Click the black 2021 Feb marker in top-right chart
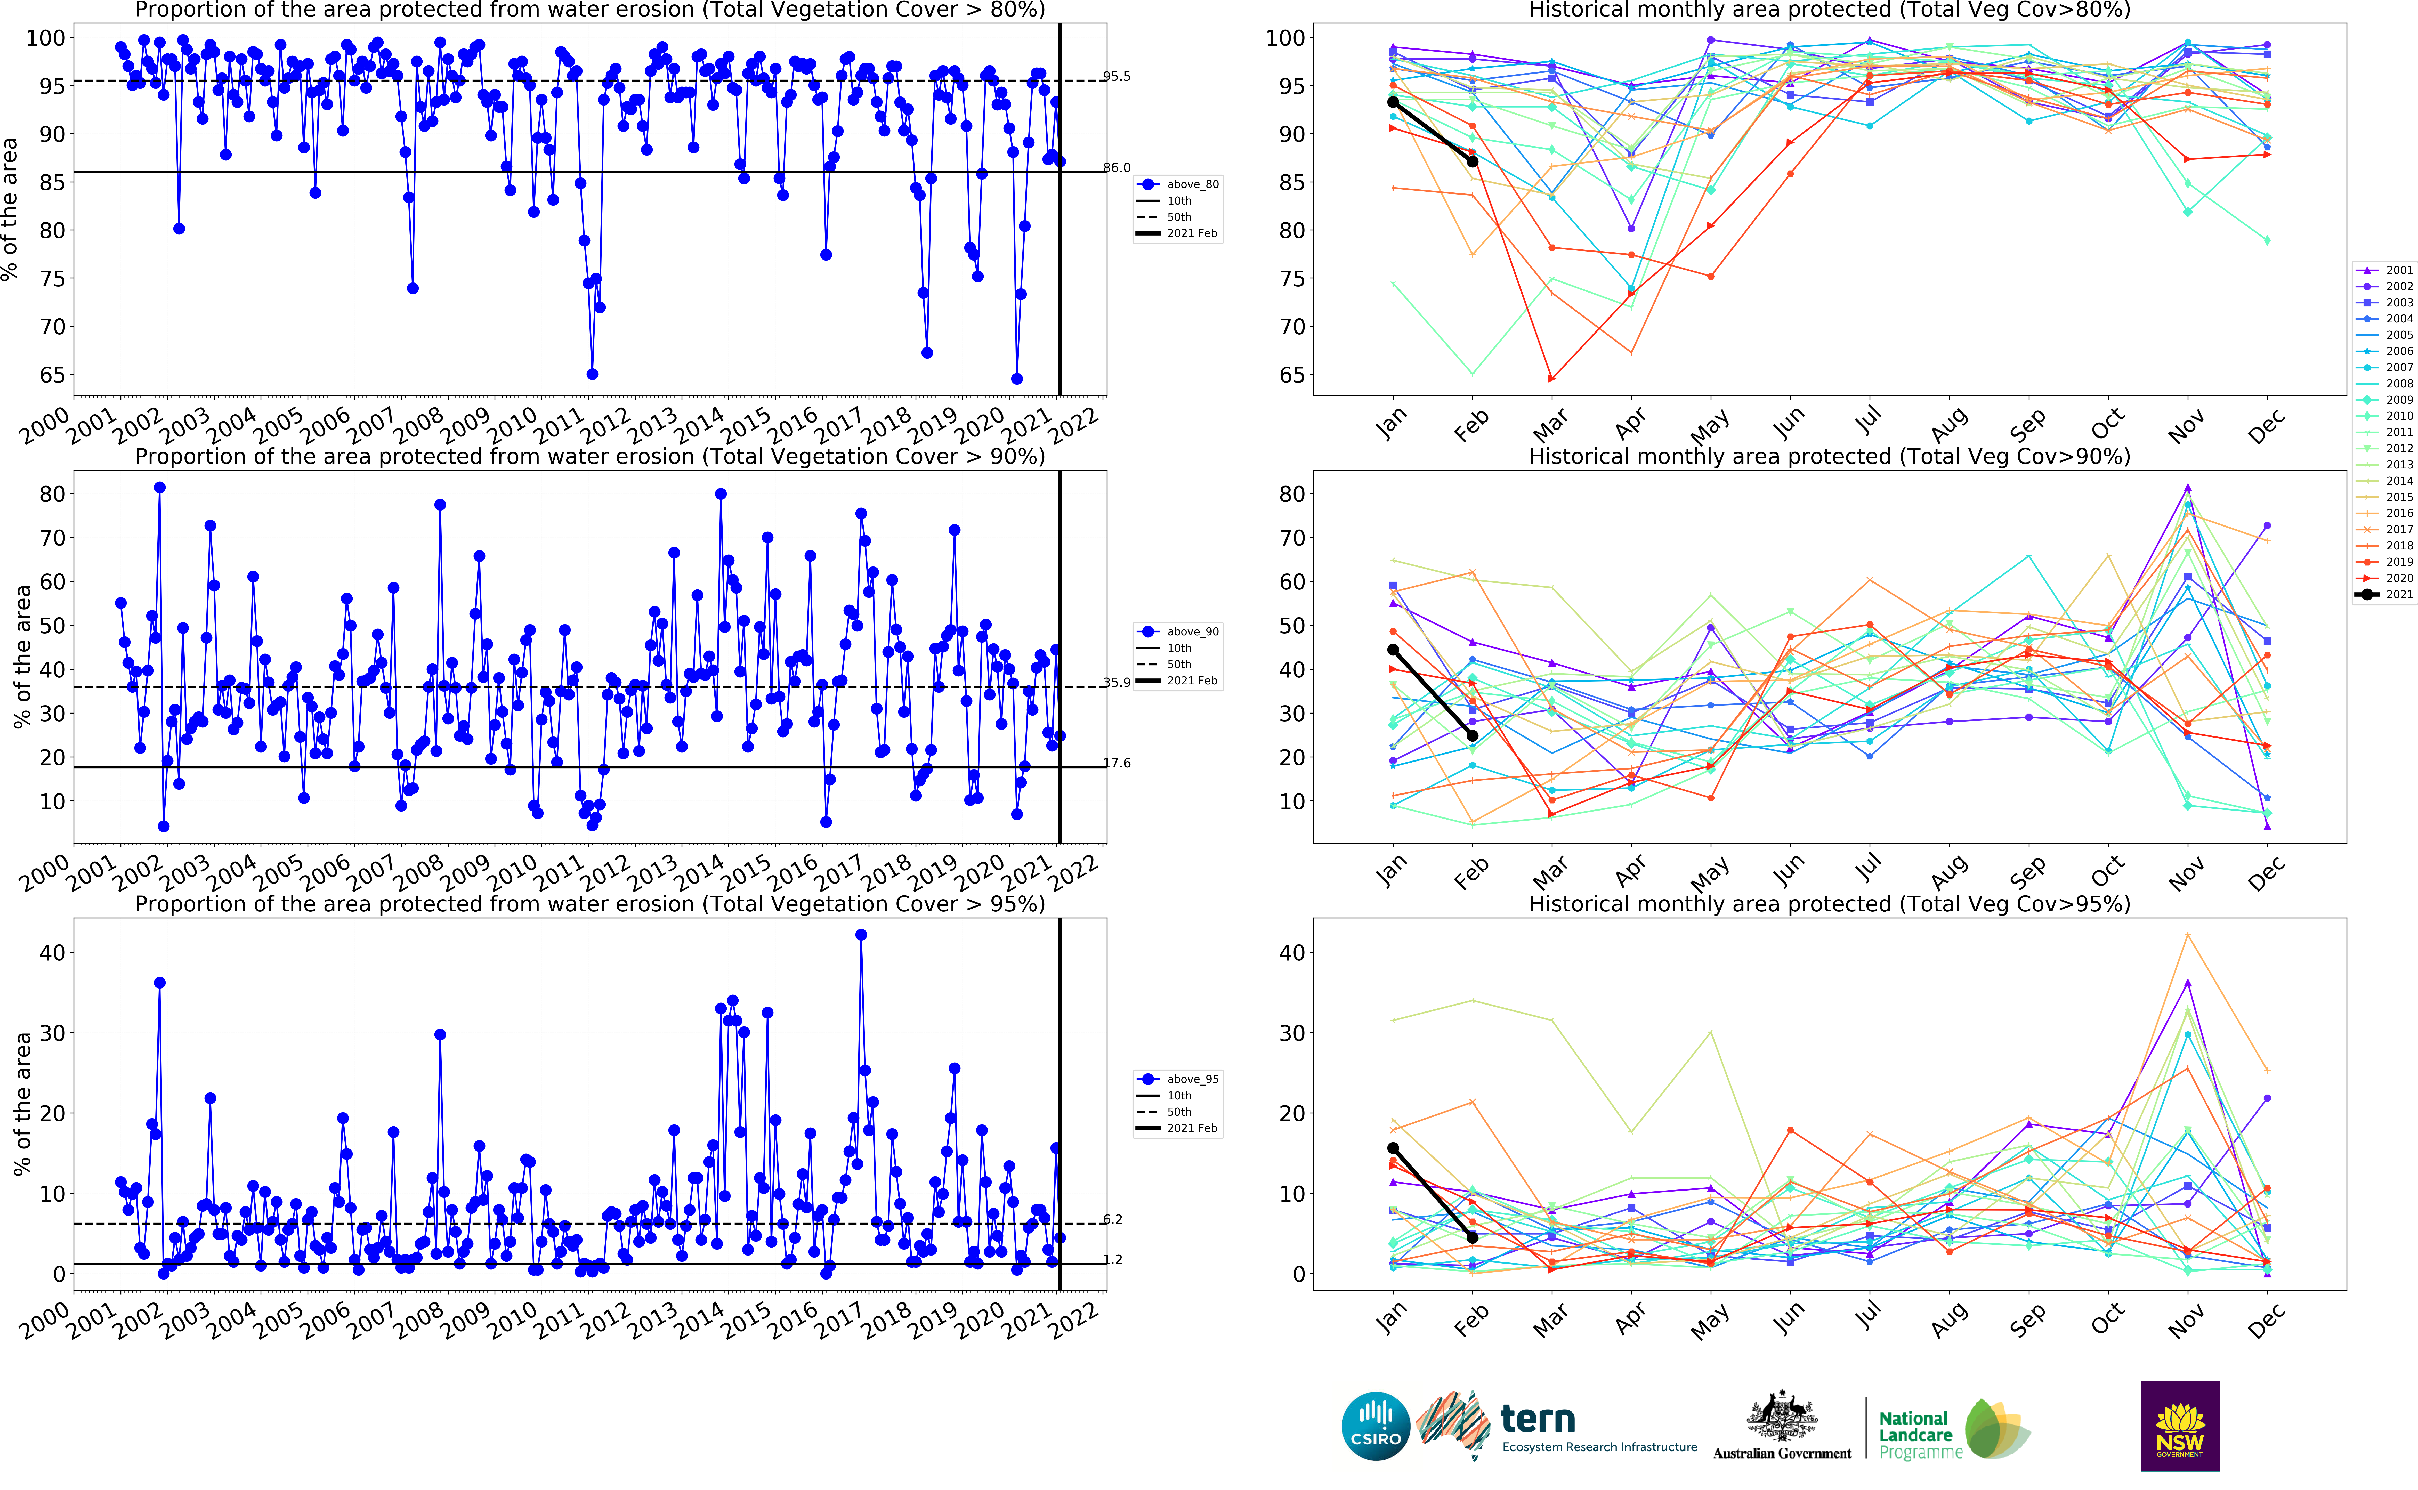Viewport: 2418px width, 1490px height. pyautogui.click(x=1472, y=161)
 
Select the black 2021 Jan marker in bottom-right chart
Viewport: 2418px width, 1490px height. pyautogui.click(x=1392, y=1148)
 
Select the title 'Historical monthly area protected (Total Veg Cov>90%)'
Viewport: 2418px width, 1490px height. pyautogui.click(x=1829, y=456)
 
